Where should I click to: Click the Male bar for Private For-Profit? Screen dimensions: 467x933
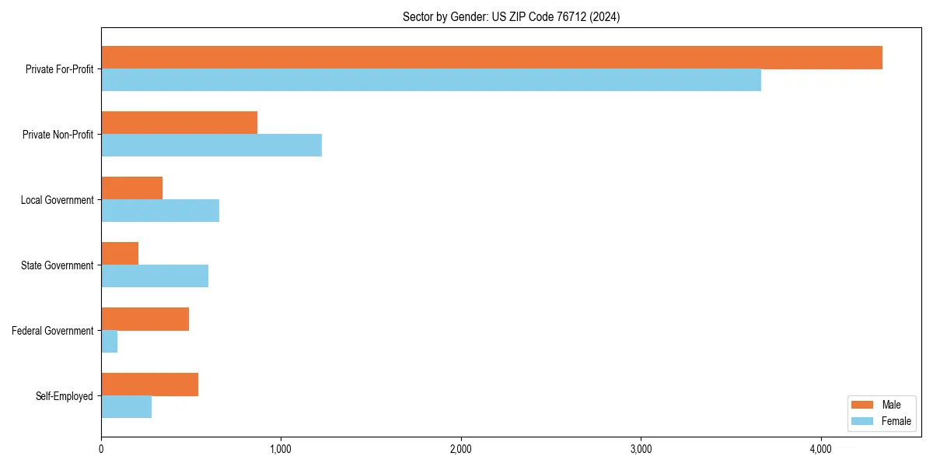pyautogui.click(x=491, y=58)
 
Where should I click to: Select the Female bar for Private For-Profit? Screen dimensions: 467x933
pyautogui.click(x=431, y=79)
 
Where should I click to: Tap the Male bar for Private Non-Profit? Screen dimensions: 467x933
pyautogui.click(x=179, y=123)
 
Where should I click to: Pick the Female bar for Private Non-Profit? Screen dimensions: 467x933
pyautogui.click(x=211, y=145)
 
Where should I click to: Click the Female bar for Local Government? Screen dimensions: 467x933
pyautogui.click(x=160, y=210)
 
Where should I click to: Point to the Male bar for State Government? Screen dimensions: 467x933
pyautogui.click(x=120, y=254)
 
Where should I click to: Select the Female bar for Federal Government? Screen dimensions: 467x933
pyautogui.click(x=110, y=341)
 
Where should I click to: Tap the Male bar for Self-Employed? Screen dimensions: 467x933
pyautogui.click(x=149, y=384)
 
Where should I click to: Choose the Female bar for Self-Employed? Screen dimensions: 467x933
pyautogui.click(x=126, y=406)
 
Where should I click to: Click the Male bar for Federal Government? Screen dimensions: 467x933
pyautogui.click(x=145, y=319)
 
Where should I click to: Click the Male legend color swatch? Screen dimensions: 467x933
pyautogui.click(x=863, y=405)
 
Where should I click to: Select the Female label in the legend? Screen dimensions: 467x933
pyautogui.click(x=896, y=421)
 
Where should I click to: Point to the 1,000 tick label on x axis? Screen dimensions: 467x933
pyautogui.click(x=281, y=449)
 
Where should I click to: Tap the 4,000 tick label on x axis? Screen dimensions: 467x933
pyautogui.click(x=821, y=449)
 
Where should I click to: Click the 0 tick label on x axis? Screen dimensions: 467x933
pyautogui.click(x=101, y=449)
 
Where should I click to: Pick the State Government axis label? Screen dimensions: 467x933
pyautogui.click(x=57, y=265)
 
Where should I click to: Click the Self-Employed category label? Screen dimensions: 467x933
pyautogui.click(x=65, y=396)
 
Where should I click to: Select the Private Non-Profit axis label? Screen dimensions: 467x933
pyautogui.click(x=58, y=135)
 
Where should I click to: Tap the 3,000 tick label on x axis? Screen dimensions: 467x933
pyautogui.click(x=641, y=449)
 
